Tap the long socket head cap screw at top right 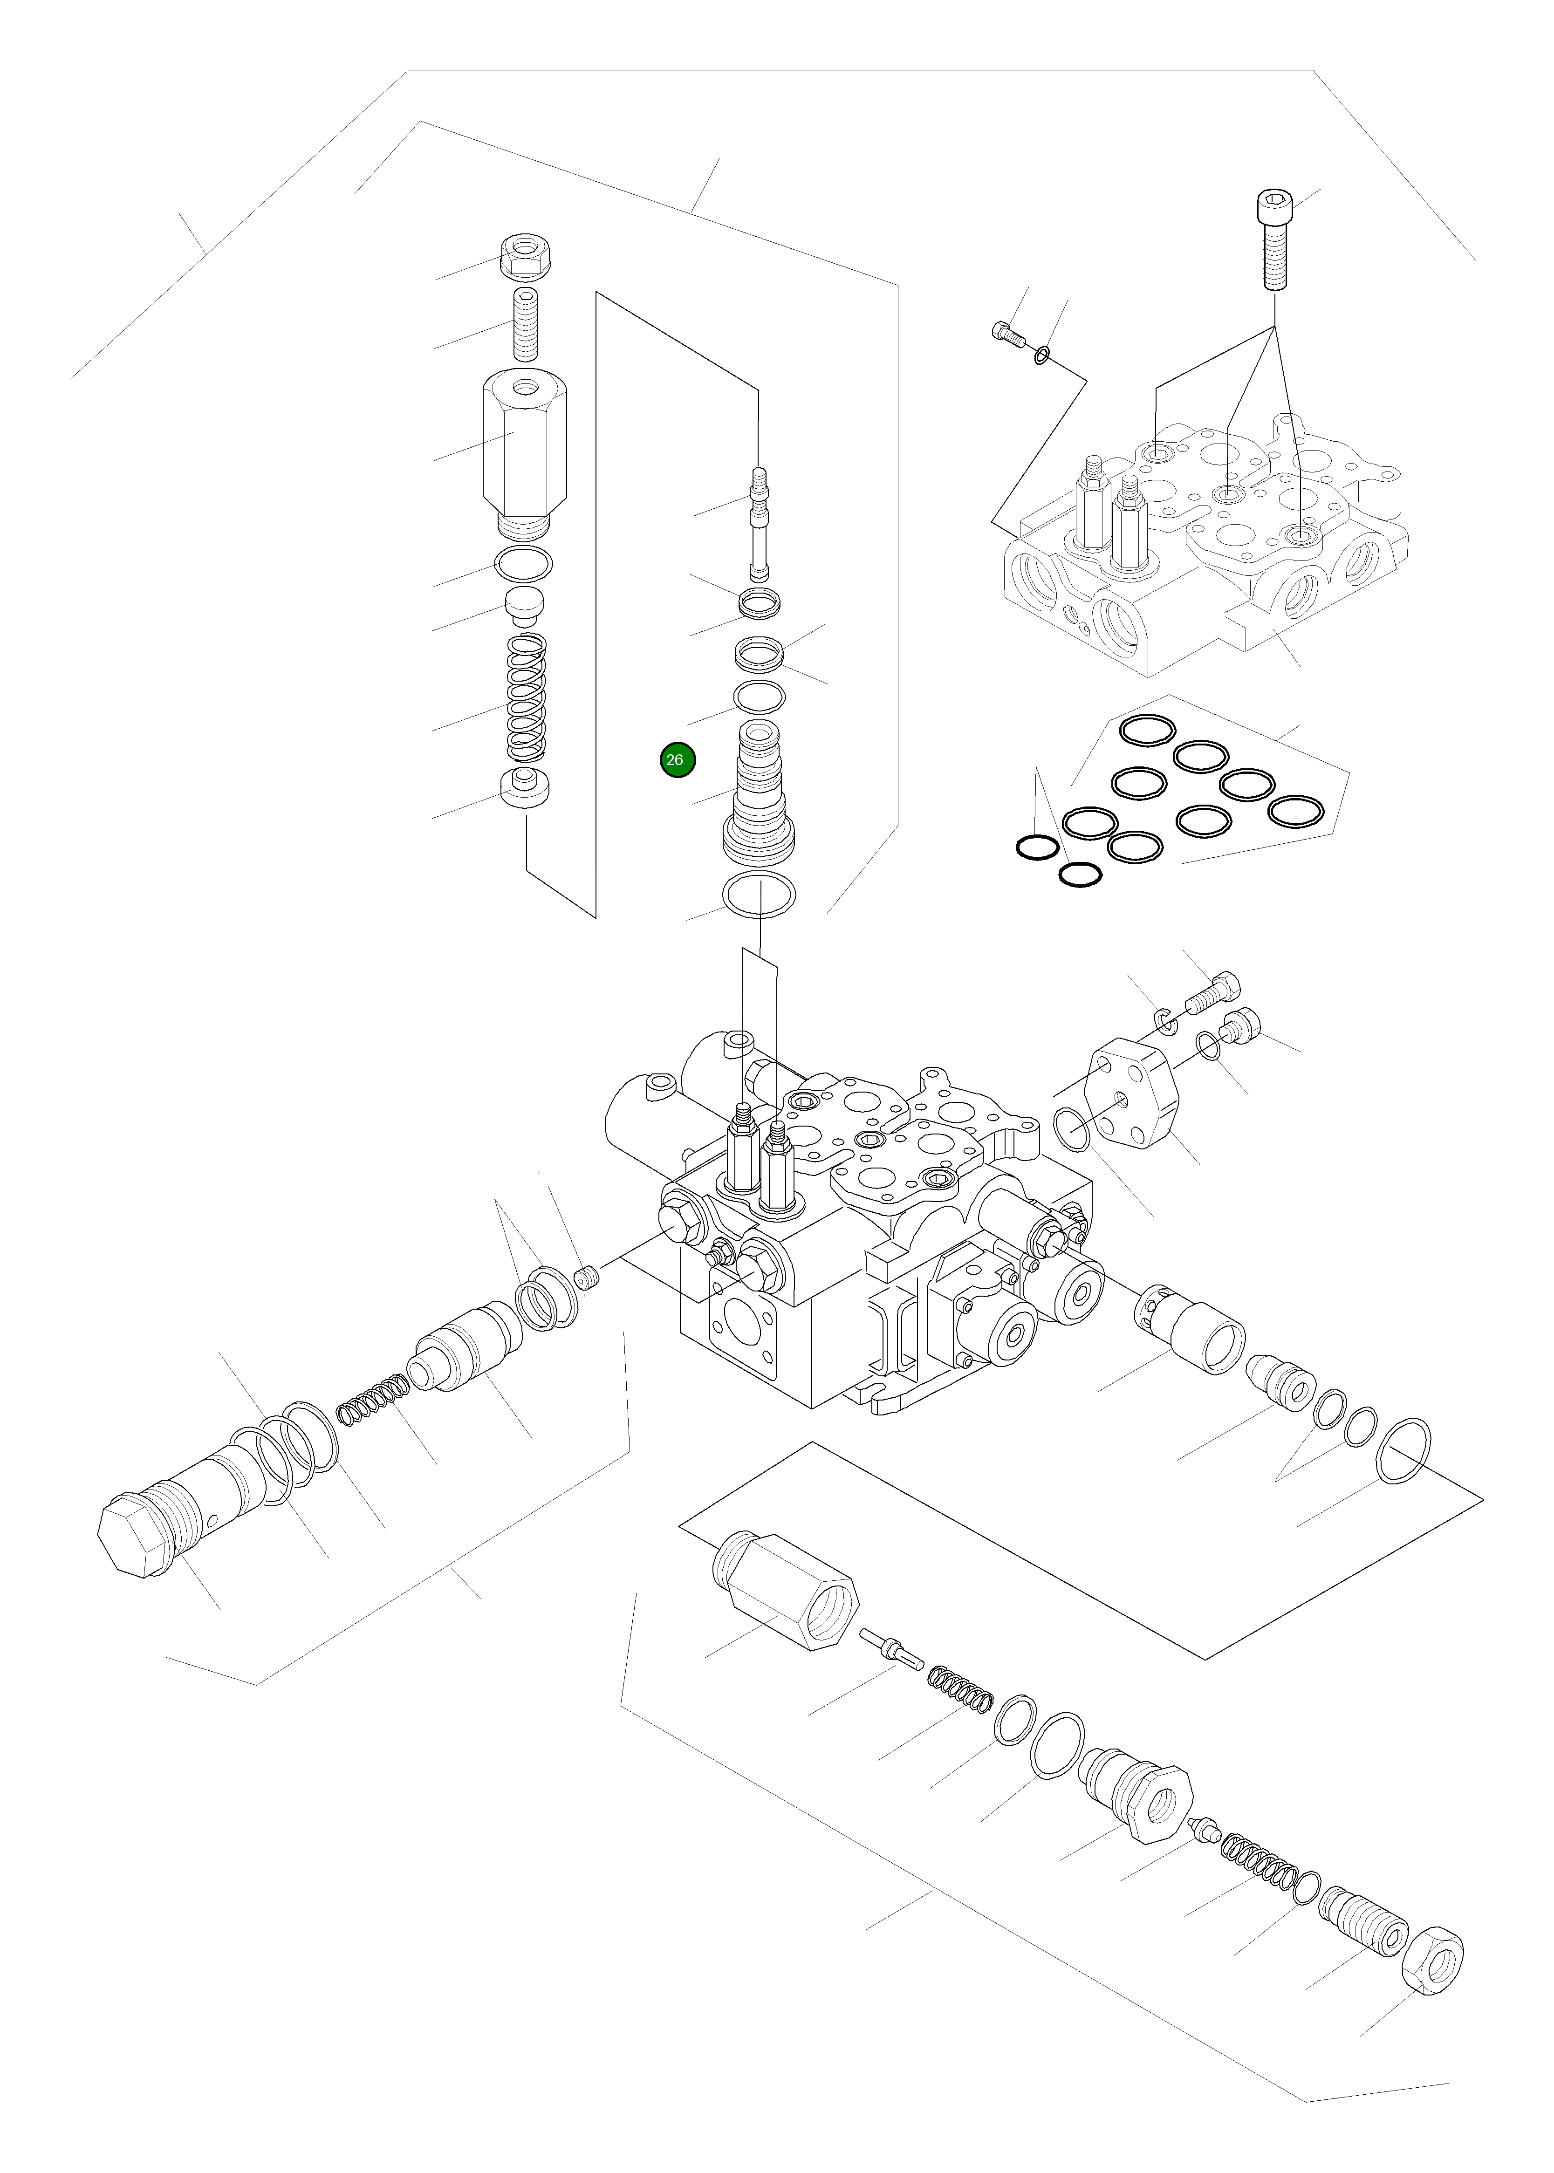coord(1273,239)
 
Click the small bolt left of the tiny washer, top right coord(1006,335)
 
